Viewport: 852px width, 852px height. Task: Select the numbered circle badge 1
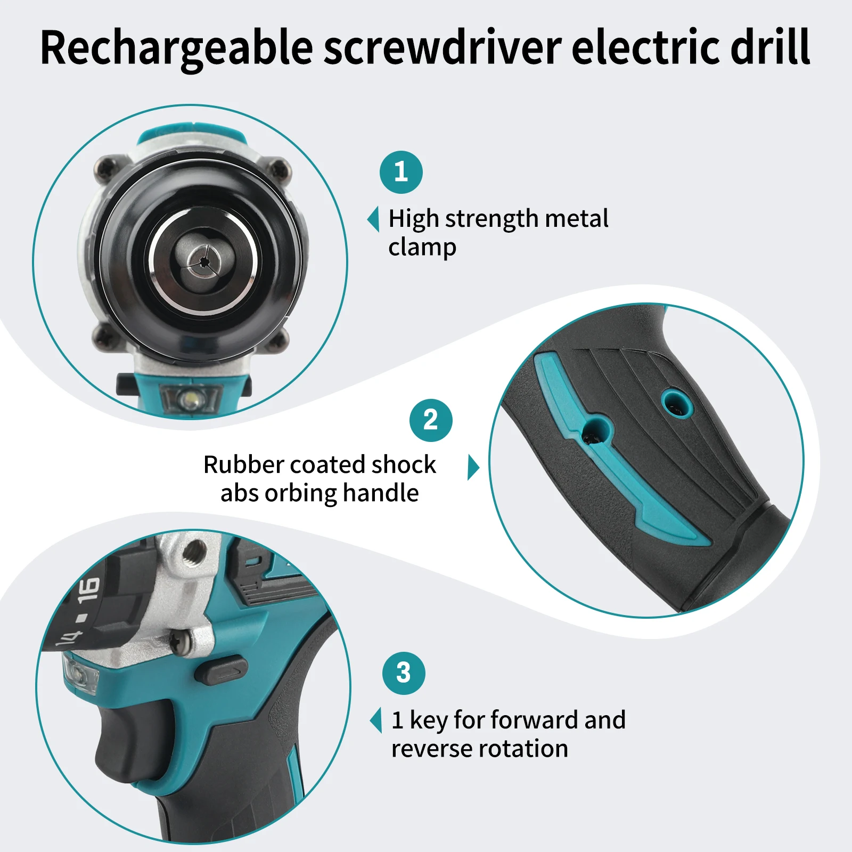tap(401, 172)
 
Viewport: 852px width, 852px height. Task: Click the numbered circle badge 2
tap(431, 420)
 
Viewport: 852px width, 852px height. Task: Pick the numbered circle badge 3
tap(404, 673)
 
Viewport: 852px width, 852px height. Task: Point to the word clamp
tap(422, 247)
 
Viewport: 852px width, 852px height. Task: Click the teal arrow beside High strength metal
tap(374, 219)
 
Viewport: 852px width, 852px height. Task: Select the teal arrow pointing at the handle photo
tap(473, 468)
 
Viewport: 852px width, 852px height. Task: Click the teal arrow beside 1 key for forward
tap(376, 720)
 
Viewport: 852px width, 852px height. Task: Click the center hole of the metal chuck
tap(203, 261)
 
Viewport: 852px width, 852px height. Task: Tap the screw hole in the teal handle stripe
tap(595, 431)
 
